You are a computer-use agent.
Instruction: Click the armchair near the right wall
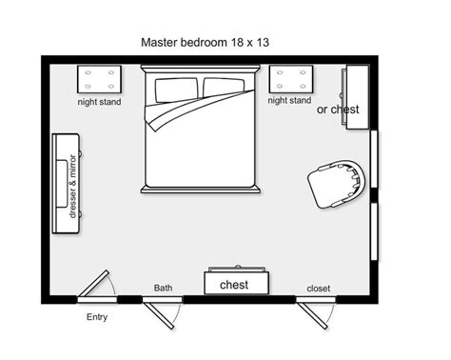point(337,182)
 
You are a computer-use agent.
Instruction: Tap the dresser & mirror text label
point(72,182)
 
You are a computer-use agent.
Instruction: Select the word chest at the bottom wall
point(234,285)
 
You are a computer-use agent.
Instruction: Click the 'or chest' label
point(338,110)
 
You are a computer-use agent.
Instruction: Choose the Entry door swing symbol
point(95,285)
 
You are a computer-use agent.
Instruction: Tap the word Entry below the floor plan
point(97,317)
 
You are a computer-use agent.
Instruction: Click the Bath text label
point(163,288)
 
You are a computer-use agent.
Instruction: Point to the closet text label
point(318,289)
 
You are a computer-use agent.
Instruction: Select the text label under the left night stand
point(100,101)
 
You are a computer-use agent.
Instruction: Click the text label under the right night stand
point(289,100)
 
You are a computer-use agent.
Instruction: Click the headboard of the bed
point(200,70)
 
